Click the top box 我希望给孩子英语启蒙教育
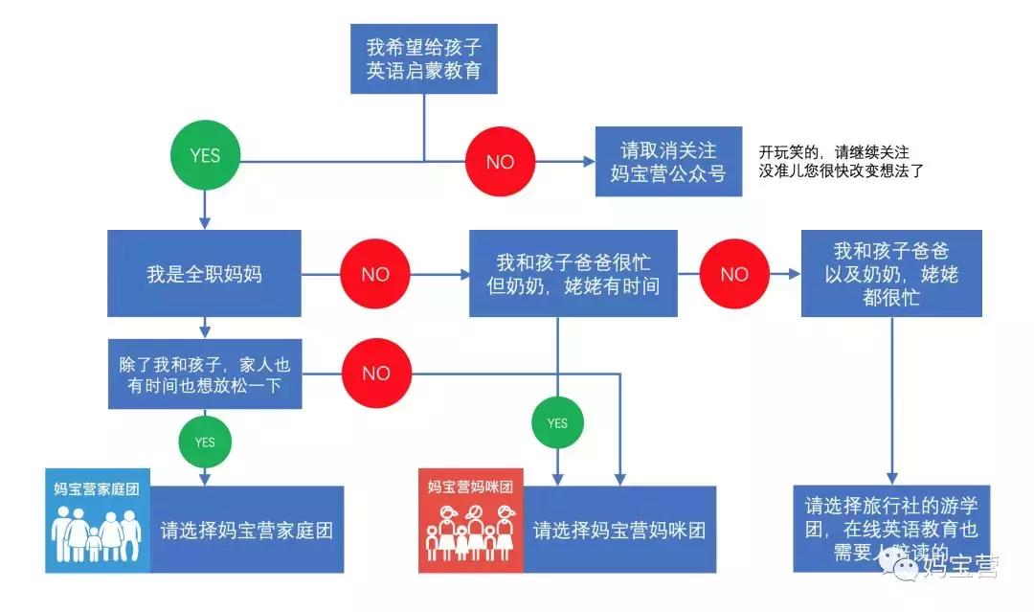point(423,58)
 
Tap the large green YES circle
point(205,155)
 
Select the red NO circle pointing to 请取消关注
point(500,162)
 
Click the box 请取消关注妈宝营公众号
point(668,162)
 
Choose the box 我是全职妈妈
point(204,274)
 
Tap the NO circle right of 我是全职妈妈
point(375,274)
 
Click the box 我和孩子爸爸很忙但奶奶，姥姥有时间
point(573,274)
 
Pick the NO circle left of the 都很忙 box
point(734,274)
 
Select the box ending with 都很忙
point(891,274)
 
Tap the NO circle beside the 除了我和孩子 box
point(375,374)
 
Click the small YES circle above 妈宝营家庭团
point(205,442)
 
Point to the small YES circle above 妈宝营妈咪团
point(557,423)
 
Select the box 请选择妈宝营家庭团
point(247,530)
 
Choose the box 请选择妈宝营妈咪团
point(619,530)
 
